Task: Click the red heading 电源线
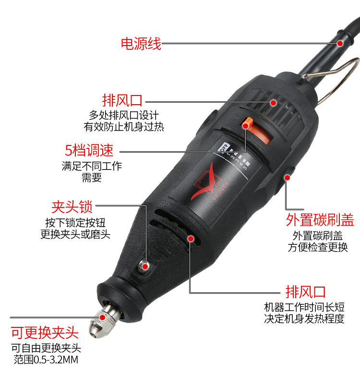click(x=141, y=44)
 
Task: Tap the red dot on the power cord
click(x=340, y=43)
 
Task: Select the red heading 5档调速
click(x=89, y=150)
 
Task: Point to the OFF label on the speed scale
click(x=225, y=148)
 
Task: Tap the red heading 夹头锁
click(x=72, y=207)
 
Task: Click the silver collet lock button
click(x=144, y=266)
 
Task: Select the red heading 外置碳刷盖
click(x=320, y=220)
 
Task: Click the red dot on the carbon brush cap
click(x=287, y=177)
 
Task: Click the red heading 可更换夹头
click(x=45, y=333)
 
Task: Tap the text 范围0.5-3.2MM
click(x=46, y=360)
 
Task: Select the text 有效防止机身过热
click(x=124, y=127)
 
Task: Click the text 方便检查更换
click(x=318, y=247)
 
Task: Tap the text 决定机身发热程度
click(x=304, y=318)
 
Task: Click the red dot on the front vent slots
click(x=191, y=239)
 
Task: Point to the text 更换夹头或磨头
click(x=75, y=234)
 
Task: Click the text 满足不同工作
click(x=92, y=166)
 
